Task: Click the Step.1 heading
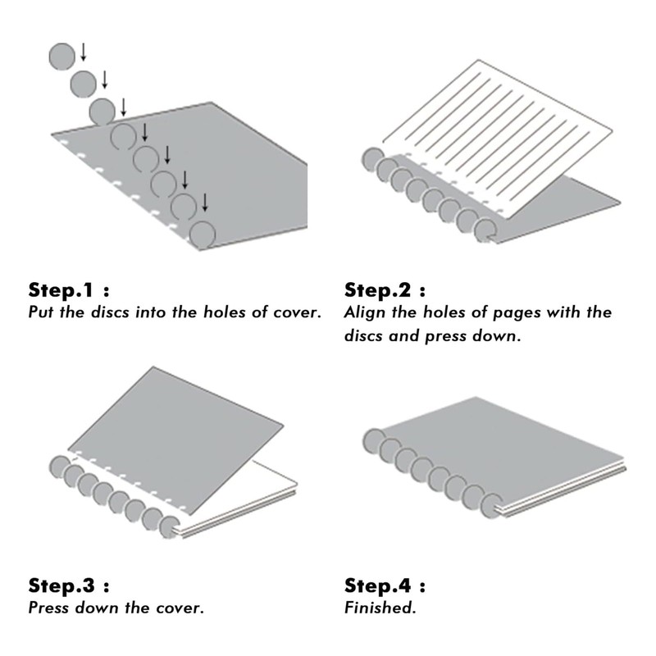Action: tap(69, 290)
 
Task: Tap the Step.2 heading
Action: tap(385, 290)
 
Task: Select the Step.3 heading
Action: tap(69, 585)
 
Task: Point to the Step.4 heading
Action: tap(385, 585)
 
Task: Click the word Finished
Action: tap(380, 608)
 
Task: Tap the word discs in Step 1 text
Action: tap(110, 312)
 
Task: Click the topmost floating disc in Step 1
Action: tap(62, 57)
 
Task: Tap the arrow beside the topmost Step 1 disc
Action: tap(84, 52)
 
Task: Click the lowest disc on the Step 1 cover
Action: tap(203, 235)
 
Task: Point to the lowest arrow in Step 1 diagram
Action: tap(205, 202)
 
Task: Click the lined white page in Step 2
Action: tap(498, 138)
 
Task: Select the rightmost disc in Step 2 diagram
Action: tap(485, 230)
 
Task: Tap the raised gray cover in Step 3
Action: tap(175, 440)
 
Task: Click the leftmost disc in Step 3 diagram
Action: tap(60, 467)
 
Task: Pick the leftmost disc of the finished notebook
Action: tap(374, 441)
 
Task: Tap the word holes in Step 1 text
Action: tap(224, 312)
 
